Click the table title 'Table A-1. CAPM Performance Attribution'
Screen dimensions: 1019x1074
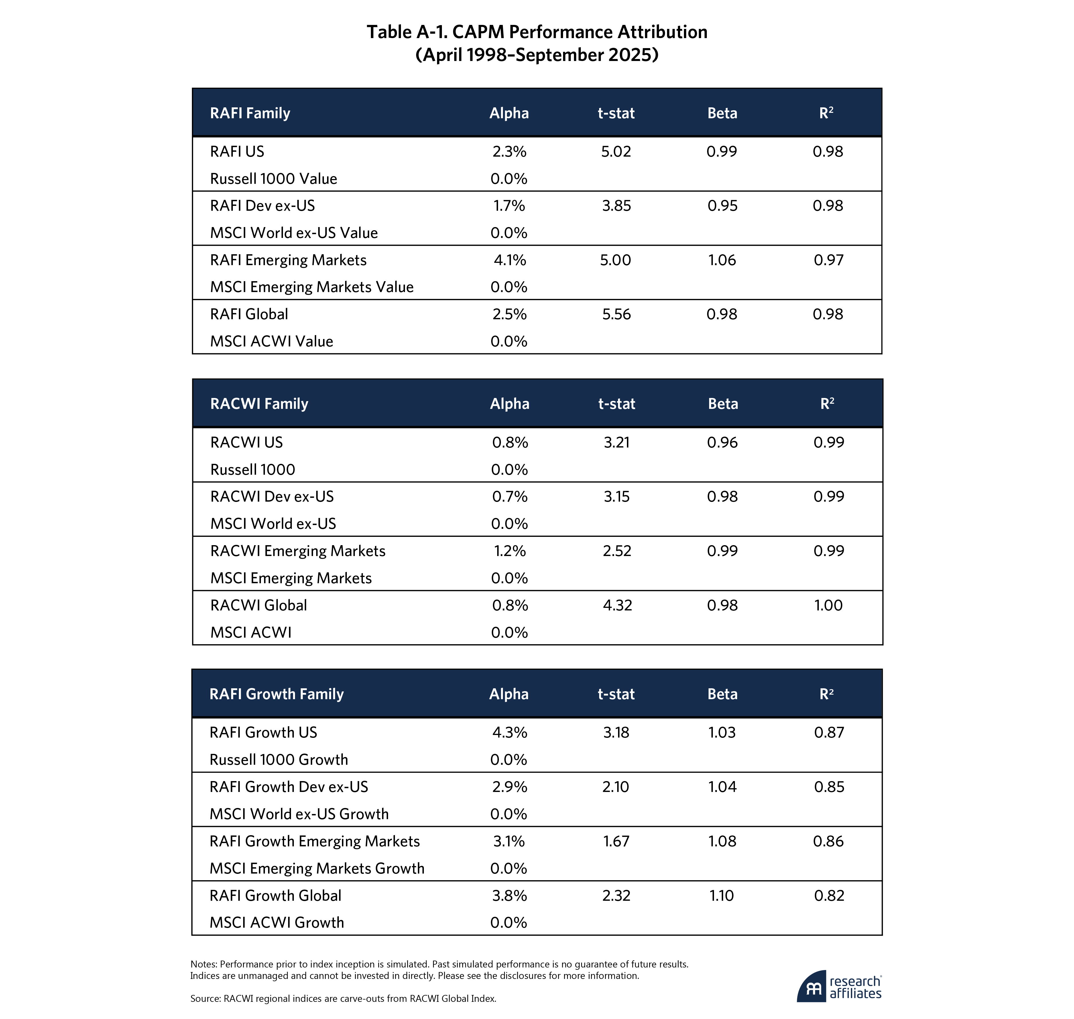(537, 32)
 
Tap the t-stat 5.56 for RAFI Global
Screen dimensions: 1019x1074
(616, 314)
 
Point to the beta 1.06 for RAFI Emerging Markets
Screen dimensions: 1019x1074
(722, 260)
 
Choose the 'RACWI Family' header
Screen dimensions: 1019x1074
(259, 404)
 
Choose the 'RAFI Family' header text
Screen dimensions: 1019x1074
(250, 113)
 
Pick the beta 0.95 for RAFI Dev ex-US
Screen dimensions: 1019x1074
(722, 206)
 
